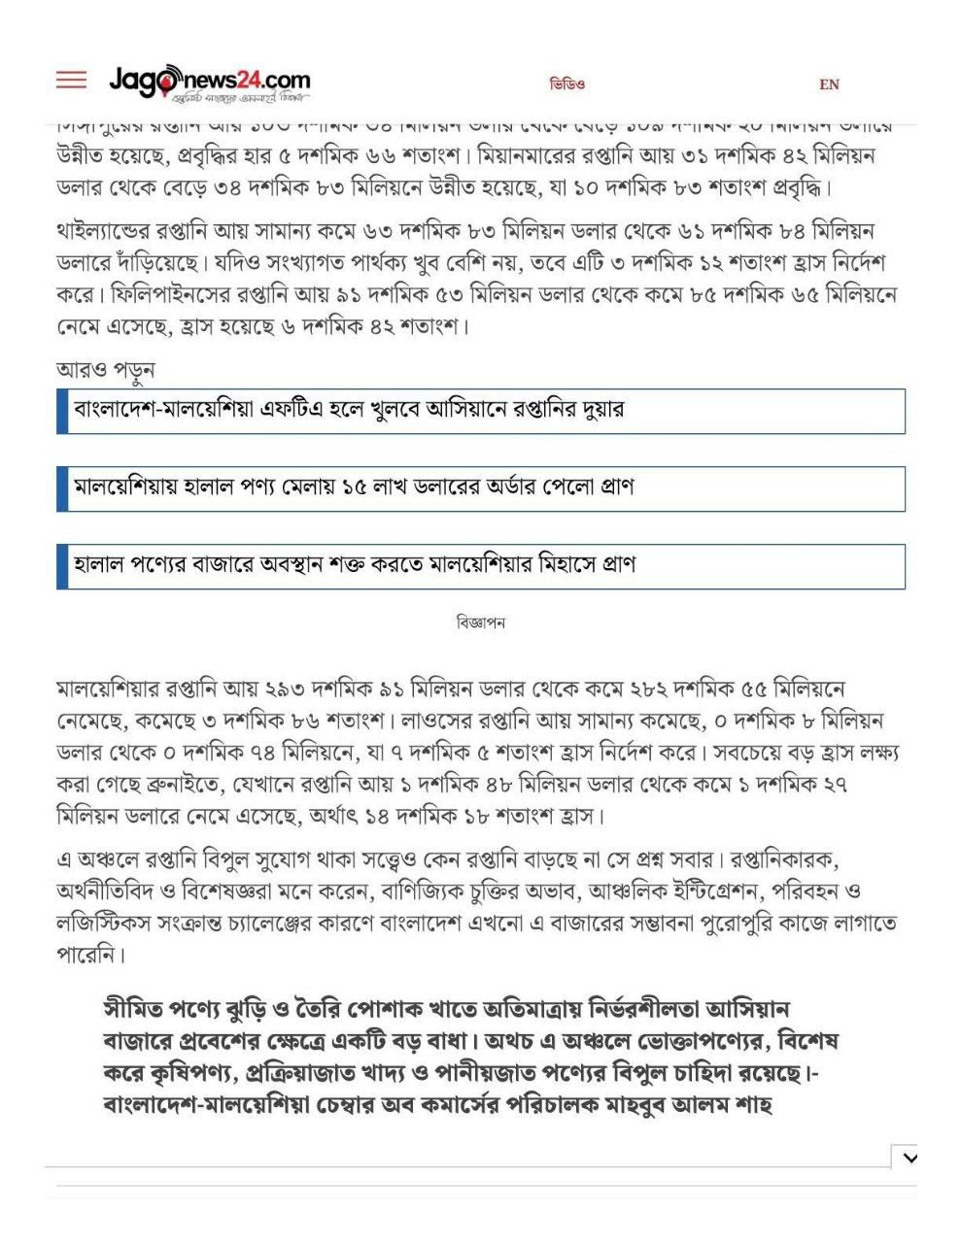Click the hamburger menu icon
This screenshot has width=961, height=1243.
point(71,80)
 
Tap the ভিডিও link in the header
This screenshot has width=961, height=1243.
point(566,84)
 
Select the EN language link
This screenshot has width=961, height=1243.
point(829,84)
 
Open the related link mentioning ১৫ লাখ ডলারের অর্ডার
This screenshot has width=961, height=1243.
point(354,487)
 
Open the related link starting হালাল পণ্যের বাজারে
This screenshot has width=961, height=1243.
point(355,565)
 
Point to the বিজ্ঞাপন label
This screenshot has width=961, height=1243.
point(480,622)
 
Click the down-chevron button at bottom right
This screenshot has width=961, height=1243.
point(909,1157)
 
